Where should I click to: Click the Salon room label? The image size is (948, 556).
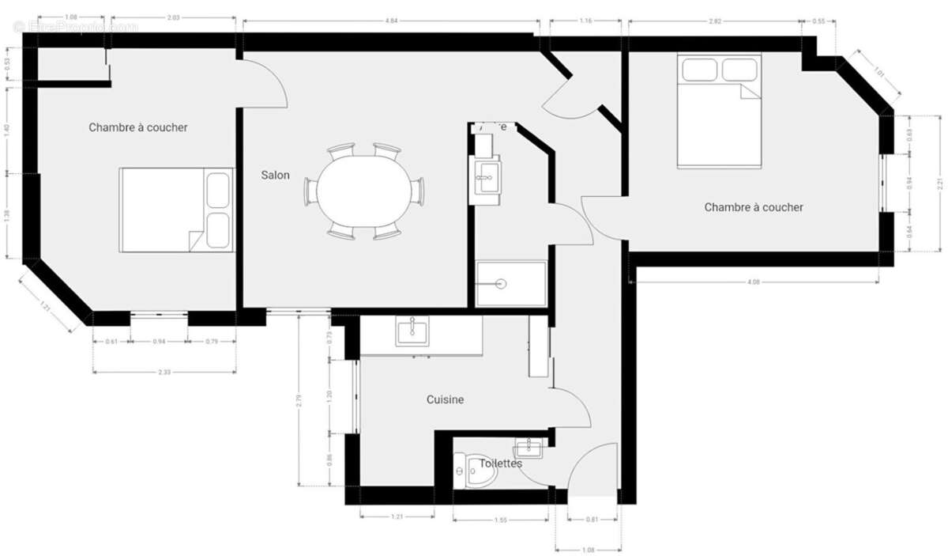(x=275, y=176)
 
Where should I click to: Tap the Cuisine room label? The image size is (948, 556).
(x=445, y=400)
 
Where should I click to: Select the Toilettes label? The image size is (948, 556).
(x=500, y=463)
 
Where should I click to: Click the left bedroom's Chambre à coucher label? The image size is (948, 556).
(x=137, y=127)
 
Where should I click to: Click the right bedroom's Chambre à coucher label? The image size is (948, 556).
(x=753, y=207)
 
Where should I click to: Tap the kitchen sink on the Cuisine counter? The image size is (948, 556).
(x=411, y=331)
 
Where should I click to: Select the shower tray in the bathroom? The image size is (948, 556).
(x=510, y=283)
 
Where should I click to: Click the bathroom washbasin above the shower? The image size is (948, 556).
(x=484, y=178)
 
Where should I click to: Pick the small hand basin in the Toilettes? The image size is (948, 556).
(x=528, y=449)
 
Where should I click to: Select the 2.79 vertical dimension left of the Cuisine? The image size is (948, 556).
(x=299, y=399)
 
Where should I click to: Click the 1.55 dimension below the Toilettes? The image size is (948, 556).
(x=500, y=519)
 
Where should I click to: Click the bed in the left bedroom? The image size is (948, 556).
(x=176, y=210)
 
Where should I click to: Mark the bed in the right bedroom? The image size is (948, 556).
(x=719, y=111)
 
